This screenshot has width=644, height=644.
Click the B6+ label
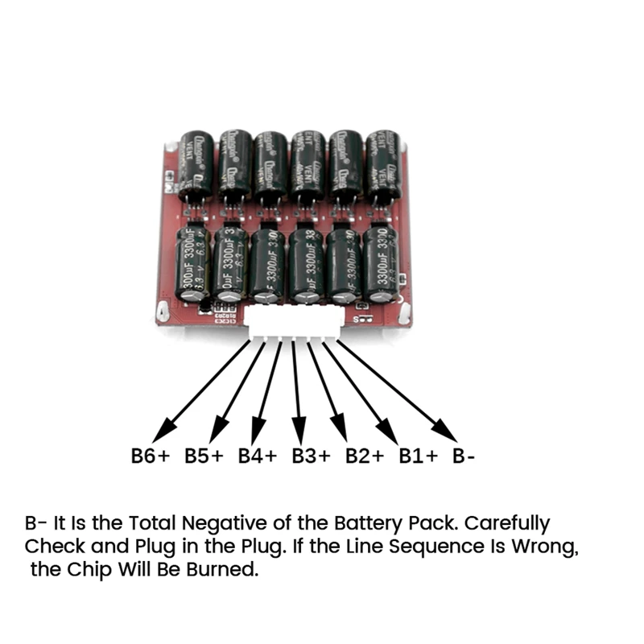[x=151, y=456]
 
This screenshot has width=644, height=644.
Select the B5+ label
[x=204, y=456]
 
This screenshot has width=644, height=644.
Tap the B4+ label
[x=258, y=456]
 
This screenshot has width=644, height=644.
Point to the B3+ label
[x=312, y=456]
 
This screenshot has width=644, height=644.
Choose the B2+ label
[x=365, y=456]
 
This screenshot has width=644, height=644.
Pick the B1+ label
[x=419, y=456]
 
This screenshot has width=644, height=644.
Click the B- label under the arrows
[x=464, y=456]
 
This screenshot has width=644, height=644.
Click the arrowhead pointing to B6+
[x=165, y=427]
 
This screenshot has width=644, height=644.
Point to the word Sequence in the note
[x=455, y=547]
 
